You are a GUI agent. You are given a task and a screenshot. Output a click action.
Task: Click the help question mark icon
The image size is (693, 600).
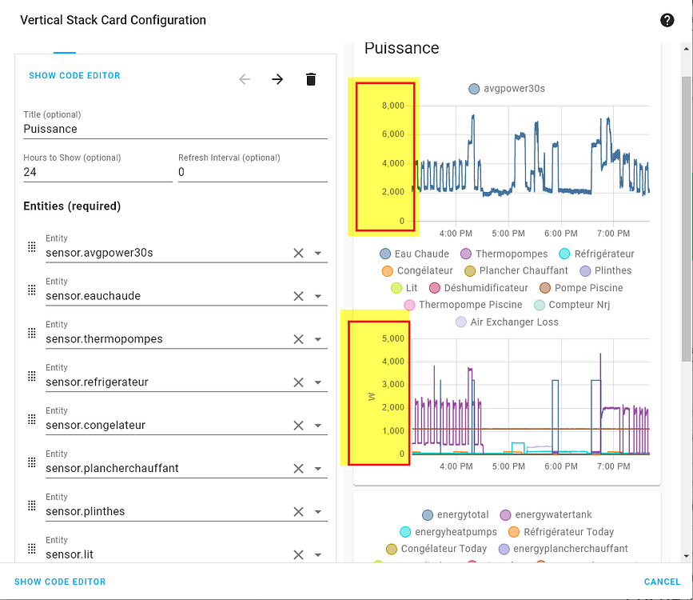coord(667,21)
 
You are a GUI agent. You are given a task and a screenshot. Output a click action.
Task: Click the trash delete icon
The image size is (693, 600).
coord(311,79)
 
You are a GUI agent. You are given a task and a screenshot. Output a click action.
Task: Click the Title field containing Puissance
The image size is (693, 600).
coord(175,129)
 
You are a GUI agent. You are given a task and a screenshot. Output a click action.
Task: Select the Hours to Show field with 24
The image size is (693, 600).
coord(98,172)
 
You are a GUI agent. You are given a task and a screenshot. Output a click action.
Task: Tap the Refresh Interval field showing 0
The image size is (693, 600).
coord(252,172)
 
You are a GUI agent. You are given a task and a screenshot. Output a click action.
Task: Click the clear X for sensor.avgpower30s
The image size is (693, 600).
coord(298,253)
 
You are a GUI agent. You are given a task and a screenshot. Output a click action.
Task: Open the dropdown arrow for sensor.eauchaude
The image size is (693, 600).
coord(317,296)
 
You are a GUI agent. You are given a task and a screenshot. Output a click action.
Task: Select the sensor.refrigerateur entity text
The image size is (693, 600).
coord(97,382)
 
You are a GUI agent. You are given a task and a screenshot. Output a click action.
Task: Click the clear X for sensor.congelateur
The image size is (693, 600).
coord(298,426)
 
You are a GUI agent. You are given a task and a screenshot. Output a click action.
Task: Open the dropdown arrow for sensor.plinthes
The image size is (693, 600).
coord(317,512)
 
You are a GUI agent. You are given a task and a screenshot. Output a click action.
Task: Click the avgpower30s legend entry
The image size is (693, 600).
coord(507,89)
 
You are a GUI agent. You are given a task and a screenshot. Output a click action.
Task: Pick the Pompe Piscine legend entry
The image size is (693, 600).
coord(580,288)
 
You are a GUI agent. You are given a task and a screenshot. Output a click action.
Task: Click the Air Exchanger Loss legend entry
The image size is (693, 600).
coord(507,322)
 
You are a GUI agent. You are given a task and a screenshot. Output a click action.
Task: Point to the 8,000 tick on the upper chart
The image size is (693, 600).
coord(393,106)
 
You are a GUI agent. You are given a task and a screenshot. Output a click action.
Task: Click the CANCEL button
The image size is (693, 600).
coord(662,582)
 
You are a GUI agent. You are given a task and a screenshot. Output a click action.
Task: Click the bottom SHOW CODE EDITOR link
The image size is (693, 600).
coord(60,582)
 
